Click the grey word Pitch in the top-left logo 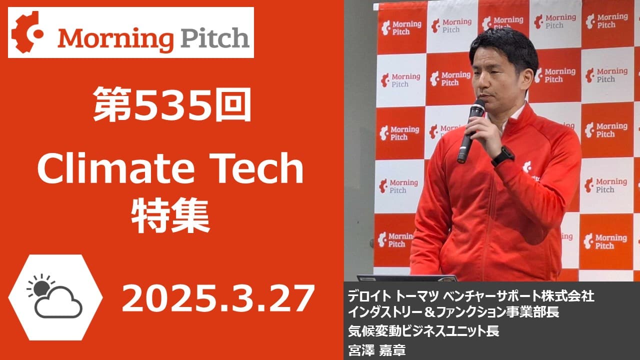[215, 37]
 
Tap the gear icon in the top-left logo [27, 32]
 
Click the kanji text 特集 [170, 216]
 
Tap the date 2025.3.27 [217, 298]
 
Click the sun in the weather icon [41, 287]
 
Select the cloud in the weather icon [58, 303]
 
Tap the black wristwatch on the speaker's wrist [503, 156]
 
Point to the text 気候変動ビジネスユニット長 [423, 331]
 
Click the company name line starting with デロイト [471, 296]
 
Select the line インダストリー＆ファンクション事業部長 [453, 311]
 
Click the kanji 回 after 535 [233, 105]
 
